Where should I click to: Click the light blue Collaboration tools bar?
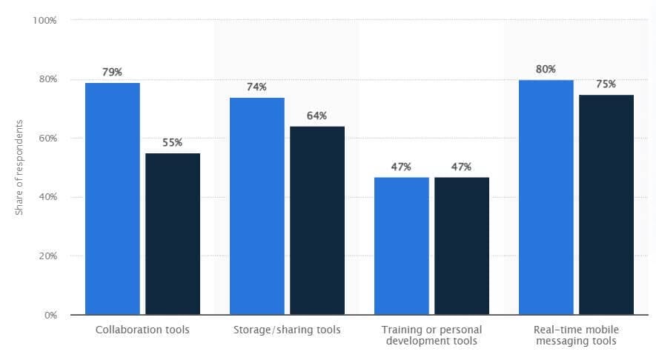tap(113, 199)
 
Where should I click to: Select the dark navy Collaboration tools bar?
tap(173, 234)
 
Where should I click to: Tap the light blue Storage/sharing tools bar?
tap(257, 206)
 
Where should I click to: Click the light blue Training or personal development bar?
tap(402, 246)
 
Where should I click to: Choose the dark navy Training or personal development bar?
tap(462, 246)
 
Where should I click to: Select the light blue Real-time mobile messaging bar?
tap(546, 197)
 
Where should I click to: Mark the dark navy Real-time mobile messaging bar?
tap(606, 204)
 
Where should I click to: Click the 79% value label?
tap(113, 72)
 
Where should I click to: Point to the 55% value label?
tap(173, 142)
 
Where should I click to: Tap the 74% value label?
tap(257, 87)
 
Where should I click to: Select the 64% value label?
tap(317, 116)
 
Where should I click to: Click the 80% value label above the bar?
tap(546, 69)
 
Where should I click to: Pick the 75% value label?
tap(606, 84)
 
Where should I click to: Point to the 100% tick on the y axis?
tap(45, 20)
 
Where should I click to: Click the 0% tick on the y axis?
tap(50, 315)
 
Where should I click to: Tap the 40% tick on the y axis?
tap(47, 197)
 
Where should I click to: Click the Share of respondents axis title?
tap(19, 167)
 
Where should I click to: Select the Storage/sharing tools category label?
tap(287, 330)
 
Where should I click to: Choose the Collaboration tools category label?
tap(142, 330)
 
